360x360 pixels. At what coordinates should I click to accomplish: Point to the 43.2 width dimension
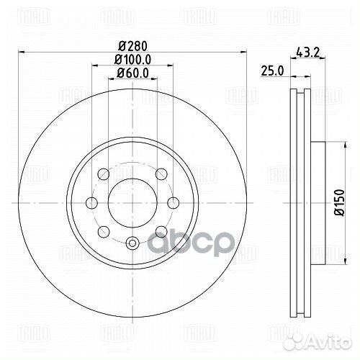307,51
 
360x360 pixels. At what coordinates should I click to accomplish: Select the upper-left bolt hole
102,174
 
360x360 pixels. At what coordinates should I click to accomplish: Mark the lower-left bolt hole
102,230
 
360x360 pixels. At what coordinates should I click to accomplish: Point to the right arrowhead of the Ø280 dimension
241,53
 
